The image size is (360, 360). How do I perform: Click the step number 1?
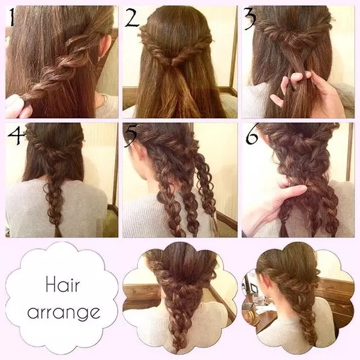coord(12,17)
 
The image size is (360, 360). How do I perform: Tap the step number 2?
coord(132,17)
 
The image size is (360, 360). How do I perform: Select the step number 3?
coord(250,19)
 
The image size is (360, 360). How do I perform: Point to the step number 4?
coord(16,135)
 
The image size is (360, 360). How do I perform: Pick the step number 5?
coord(131,136)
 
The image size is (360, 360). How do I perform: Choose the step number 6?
coord(252,136)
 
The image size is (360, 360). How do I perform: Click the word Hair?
coord(62,284)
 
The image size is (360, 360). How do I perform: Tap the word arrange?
coord(64,312)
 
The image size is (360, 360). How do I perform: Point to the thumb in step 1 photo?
coord(14,101)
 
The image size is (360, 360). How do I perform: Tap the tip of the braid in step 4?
coord(58,236)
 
